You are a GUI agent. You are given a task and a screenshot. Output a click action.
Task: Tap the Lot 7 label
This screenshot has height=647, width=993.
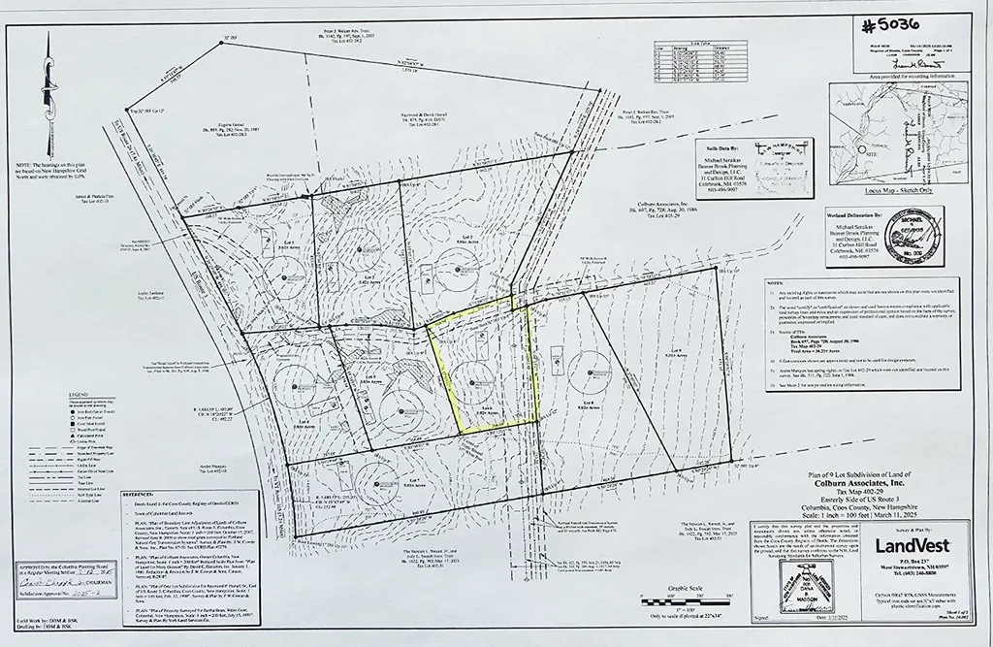coord(466,237)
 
